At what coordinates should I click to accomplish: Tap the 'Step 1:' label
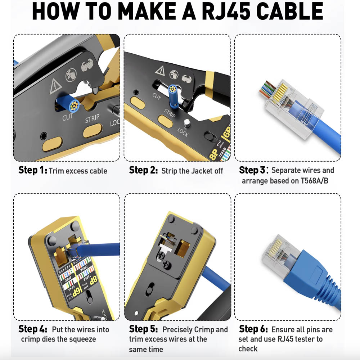(33, 170)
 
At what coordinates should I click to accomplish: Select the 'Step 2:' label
(143, 170)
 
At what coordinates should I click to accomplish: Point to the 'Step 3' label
(253, 170)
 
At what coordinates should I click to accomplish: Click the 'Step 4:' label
(33, 329)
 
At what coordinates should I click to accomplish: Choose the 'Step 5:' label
(143, 329)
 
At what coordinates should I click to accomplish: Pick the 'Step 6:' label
(253, 329)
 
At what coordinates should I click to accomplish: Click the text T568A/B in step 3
(314, 180)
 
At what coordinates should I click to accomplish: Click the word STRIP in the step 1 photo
(92, 119)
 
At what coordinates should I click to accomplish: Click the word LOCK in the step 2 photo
(183, 132)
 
